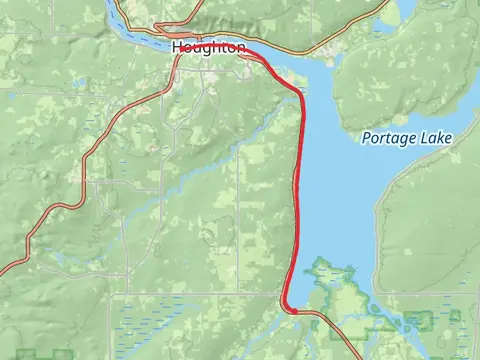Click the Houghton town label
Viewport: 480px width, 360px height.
click(208, 48)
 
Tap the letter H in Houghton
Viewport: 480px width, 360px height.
click(177, 48)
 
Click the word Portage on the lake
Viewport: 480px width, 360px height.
click(391, 138)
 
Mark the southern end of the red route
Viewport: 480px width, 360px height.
click(294, 311)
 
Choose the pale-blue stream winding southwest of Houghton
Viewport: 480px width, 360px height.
click(150, 200)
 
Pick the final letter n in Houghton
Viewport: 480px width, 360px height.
click(240, 48)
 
